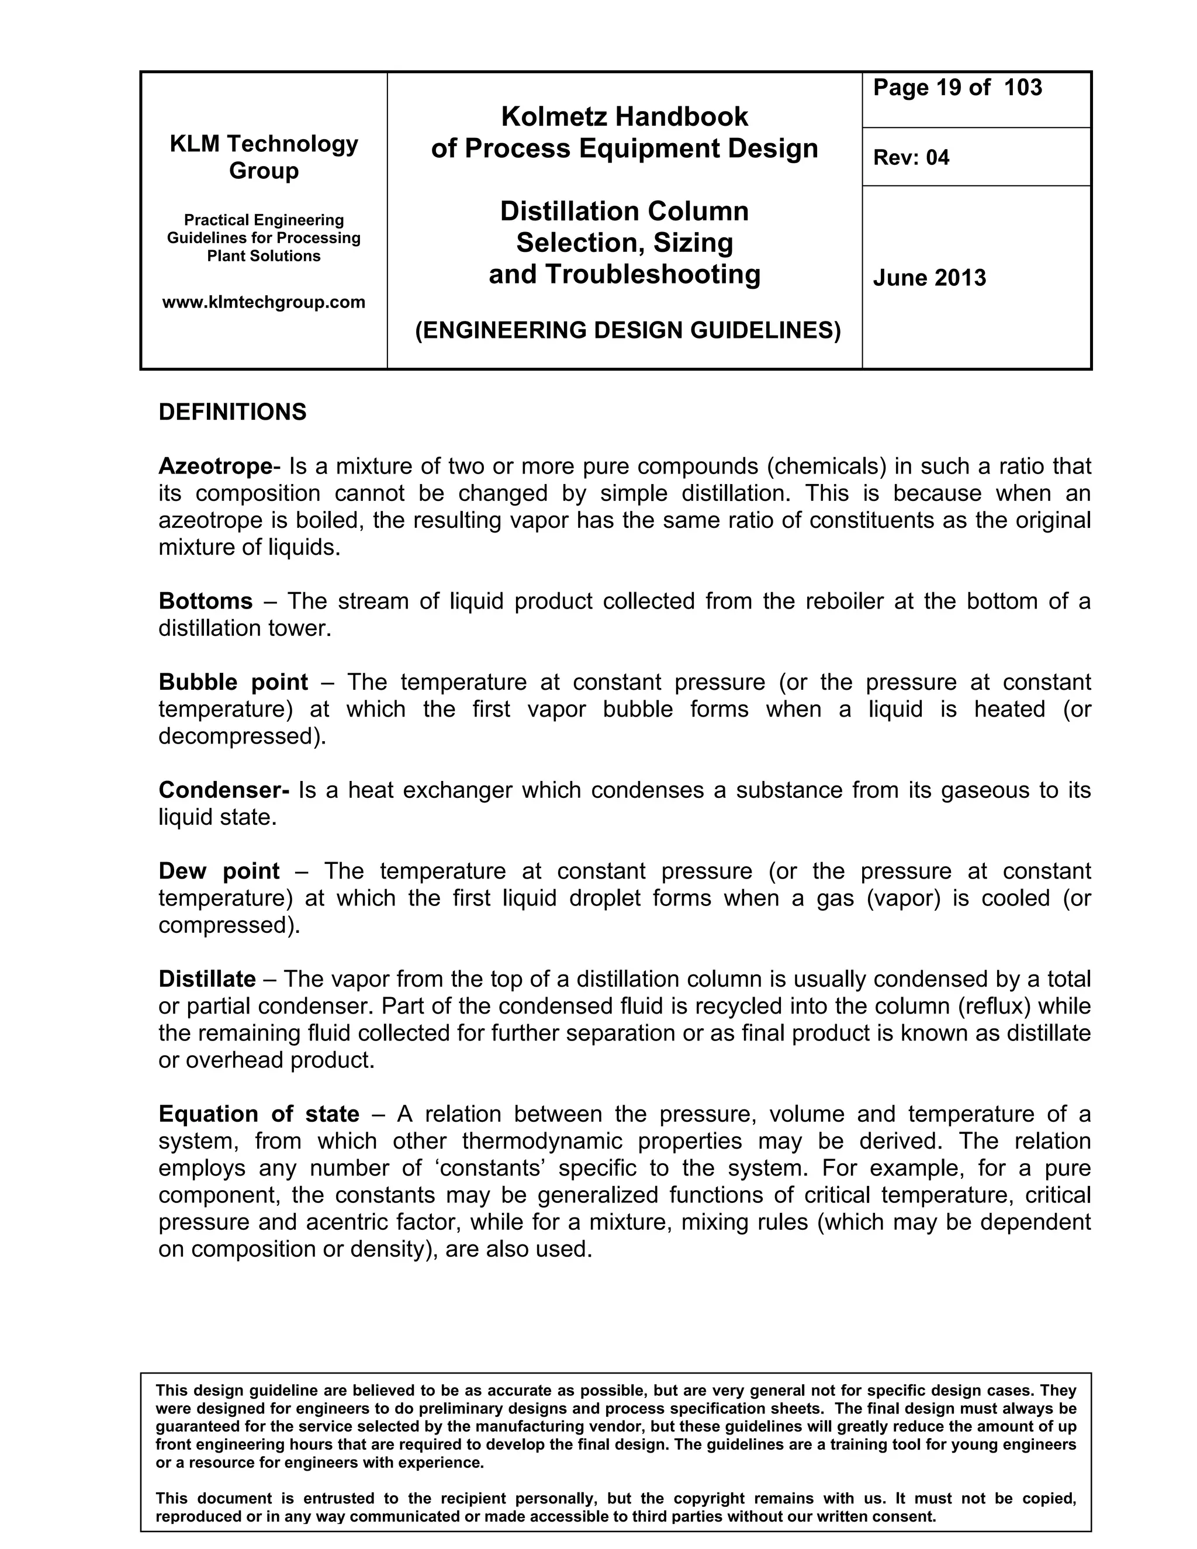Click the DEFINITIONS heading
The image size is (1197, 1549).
click(x=233, y=412)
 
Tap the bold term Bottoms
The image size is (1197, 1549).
click(x=205, y=601)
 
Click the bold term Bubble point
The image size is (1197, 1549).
click(x=233, y=682)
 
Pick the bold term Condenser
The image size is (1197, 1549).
click(x=223, y=790)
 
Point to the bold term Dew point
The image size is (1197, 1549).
click(x=219, y=871)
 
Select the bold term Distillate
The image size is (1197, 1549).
click(x=206, y=980)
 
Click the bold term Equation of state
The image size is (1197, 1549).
click(x=259, y=1114)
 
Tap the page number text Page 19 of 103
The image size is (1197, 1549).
click(x=957, y=88)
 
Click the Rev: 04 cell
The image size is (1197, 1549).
click(x=911, y=157)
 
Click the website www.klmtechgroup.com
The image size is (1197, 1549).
click(x=264, y=302)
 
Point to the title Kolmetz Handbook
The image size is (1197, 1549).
click(x=624, y=116)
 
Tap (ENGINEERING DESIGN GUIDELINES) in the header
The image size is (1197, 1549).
click(x=628, y=330)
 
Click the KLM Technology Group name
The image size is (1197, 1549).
click(x=264, y=157)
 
